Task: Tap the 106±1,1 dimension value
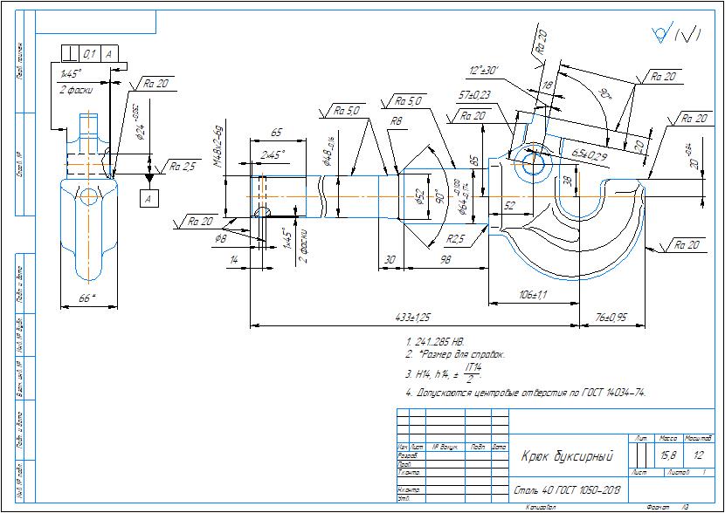pos(534,295)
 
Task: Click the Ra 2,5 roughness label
pos(182,165)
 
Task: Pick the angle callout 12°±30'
pos(484,70)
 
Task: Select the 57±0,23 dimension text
pos(474,94)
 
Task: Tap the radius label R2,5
pos(456,238)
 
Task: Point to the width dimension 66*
pos(86,298)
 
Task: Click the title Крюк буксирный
pos(568,456)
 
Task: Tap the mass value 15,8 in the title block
pos(669,455)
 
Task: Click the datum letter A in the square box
pos(149,199)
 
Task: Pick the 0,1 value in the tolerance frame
pos(90,54)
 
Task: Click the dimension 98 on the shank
pos(445,261)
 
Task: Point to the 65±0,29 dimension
pos(590,155)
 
